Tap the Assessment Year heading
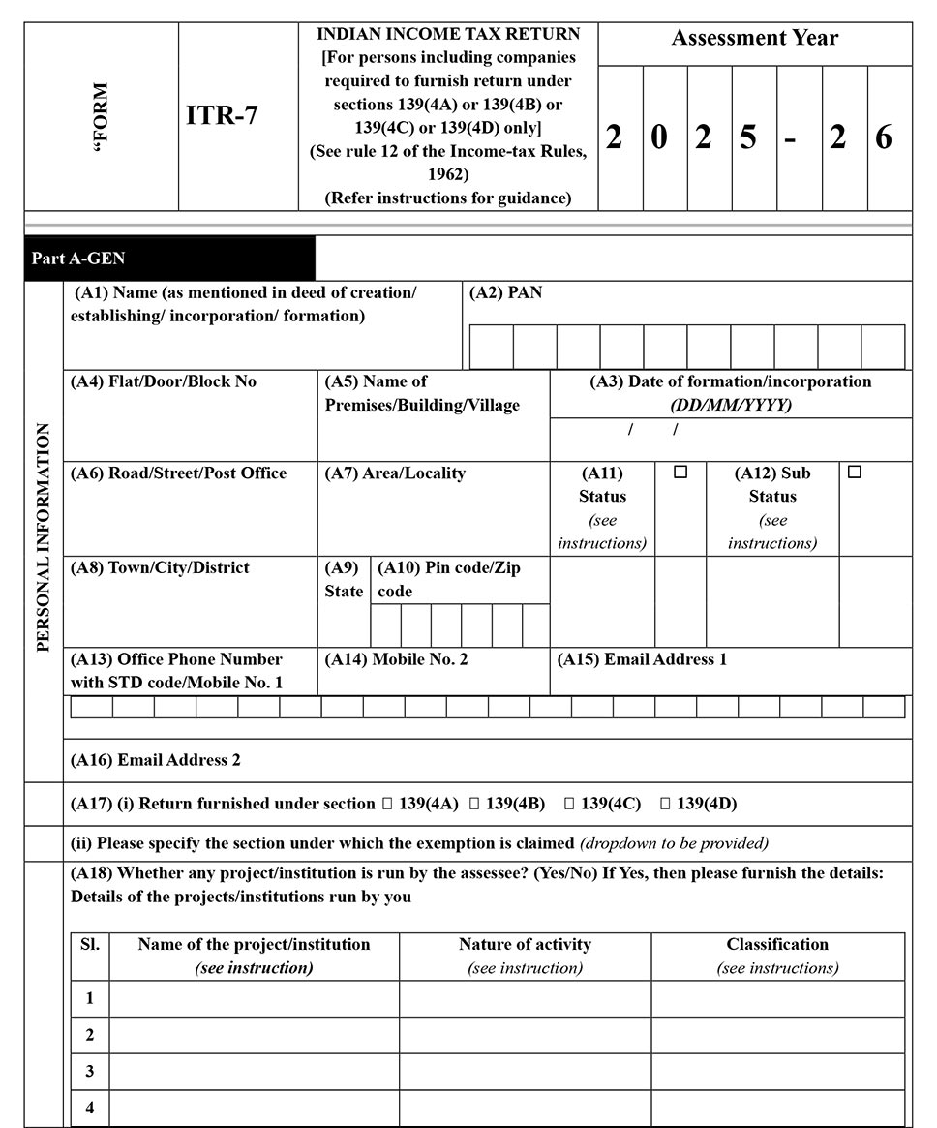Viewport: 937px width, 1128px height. pyautogui.click(x=754, y=39)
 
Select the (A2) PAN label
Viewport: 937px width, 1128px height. pyautogui.click(x=505, y=292)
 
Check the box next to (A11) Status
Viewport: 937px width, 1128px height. pyautogui.click(x=680, y=473)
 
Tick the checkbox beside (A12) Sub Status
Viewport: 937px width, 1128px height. pyautogui.click(x=854, y=473)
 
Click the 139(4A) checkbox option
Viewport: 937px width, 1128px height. pyautogui.click(x=388, y=804)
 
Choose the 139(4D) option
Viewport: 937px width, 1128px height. pyautogui.click(x=665, y=804)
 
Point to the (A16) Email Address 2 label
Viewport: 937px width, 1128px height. pyautogui.click(x=155, y=760)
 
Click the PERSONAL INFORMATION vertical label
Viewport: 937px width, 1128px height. pyautogui.click(x=44, y=537)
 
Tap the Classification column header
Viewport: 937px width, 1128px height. pyautogui.click(x=777, y=944)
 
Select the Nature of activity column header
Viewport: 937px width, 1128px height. pyautogui.click(x=525, y=944)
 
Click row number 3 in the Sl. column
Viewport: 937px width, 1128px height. pyautogui.click(x=90, y=1071)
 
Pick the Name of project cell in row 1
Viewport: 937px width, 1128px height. pyautogui.click(x=254, y=998)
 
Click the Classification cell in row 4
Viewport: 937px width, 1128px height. pyautogui.click(x=777, y=1108)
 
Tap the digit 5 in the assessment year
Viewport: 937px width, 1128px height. pyautogui.click(x=748, y=137)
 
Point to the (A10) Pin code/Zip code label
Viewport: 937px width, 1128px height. pyautogui.click(x=448, y=579)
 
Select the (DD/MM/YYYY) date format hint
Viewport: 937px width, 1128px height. pyautogui.click(x=730, y=405)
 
